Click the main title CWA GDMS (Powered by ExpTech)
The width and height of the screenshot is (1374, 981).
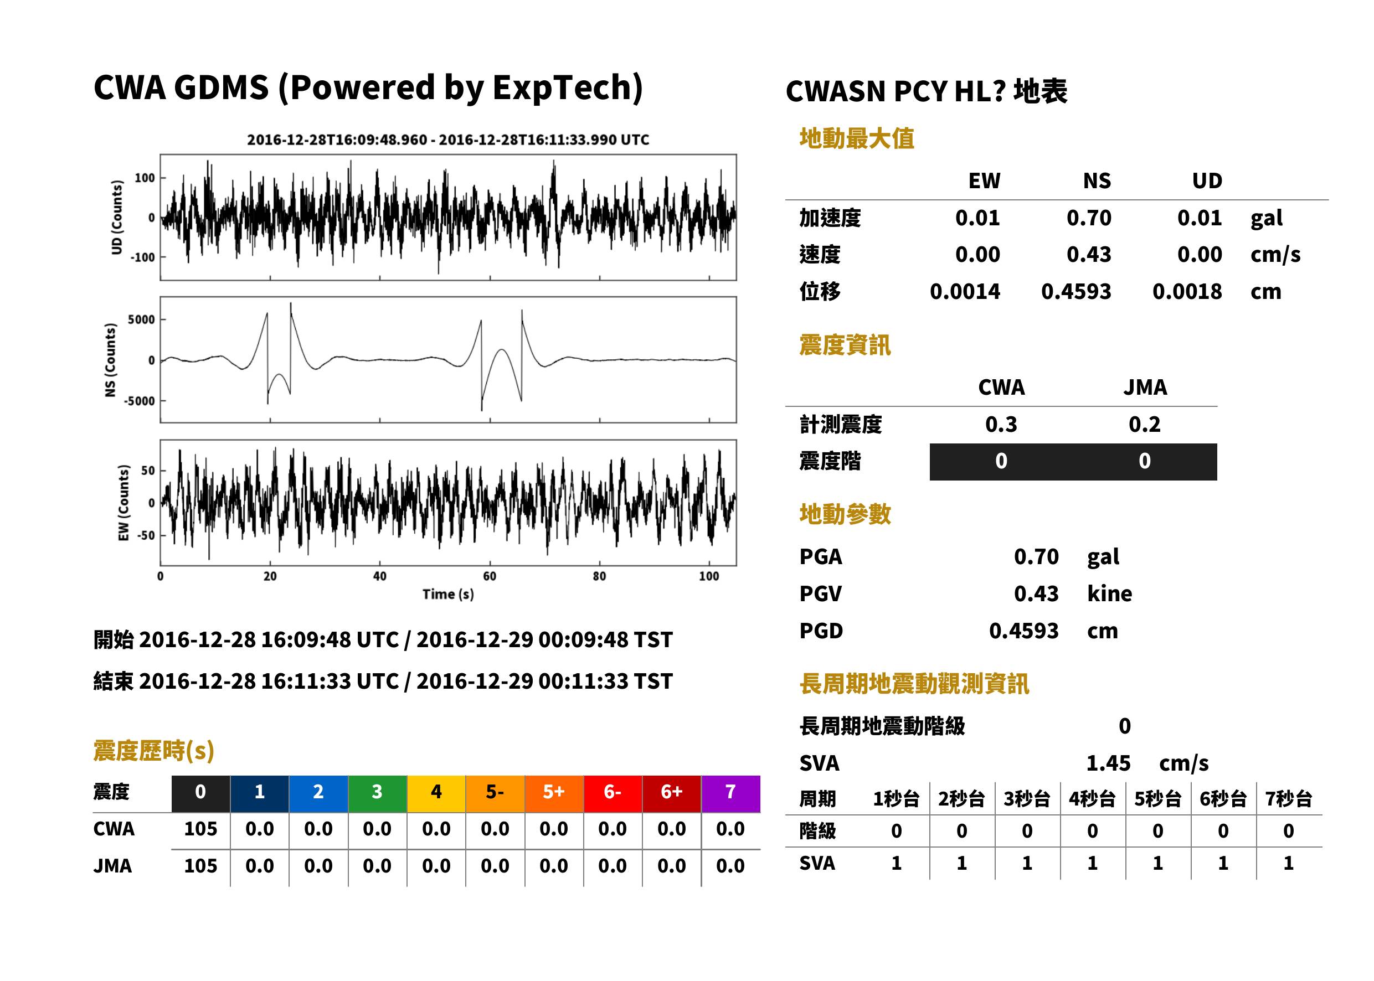pos(368,87)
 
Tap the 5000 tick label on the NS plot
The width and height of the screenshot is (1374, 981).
pos(141,319)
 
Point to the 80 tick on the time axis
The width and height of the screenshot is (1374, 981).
pos(599,576)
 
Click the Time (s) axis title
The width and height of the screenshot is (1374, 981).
pos(447,595)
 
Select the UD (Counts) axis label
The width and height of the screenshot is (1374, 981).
pos(117,218)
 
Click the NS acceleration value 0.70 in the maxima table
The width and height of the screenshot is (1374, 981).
pos(1088,218)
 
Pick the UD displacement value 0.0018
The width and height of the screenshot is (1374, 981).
pos(1187,292)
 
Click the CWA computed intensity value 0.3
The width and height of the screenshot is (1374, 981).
pos(1001,425)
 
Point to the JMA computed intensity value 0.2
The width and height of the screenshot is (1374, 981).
pos(1144,425)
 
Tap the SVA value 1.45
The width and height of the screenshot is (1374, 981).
pos(1108,763)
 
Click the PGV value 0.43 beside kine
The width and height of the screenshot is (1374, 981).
pos(1036,594)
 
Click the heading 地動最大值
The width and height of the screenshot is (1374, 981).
pos(857,138)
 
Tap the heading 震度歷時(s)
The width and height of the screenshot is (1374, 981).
pos(153,751)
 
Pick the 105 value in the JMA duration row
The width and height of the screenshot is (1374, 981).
pos(200,866)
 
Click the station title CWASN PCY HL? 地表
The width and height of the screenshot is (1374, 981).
pos(927,92)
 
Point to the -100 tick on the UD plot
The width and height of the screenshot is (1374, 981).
pos(143,257)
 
